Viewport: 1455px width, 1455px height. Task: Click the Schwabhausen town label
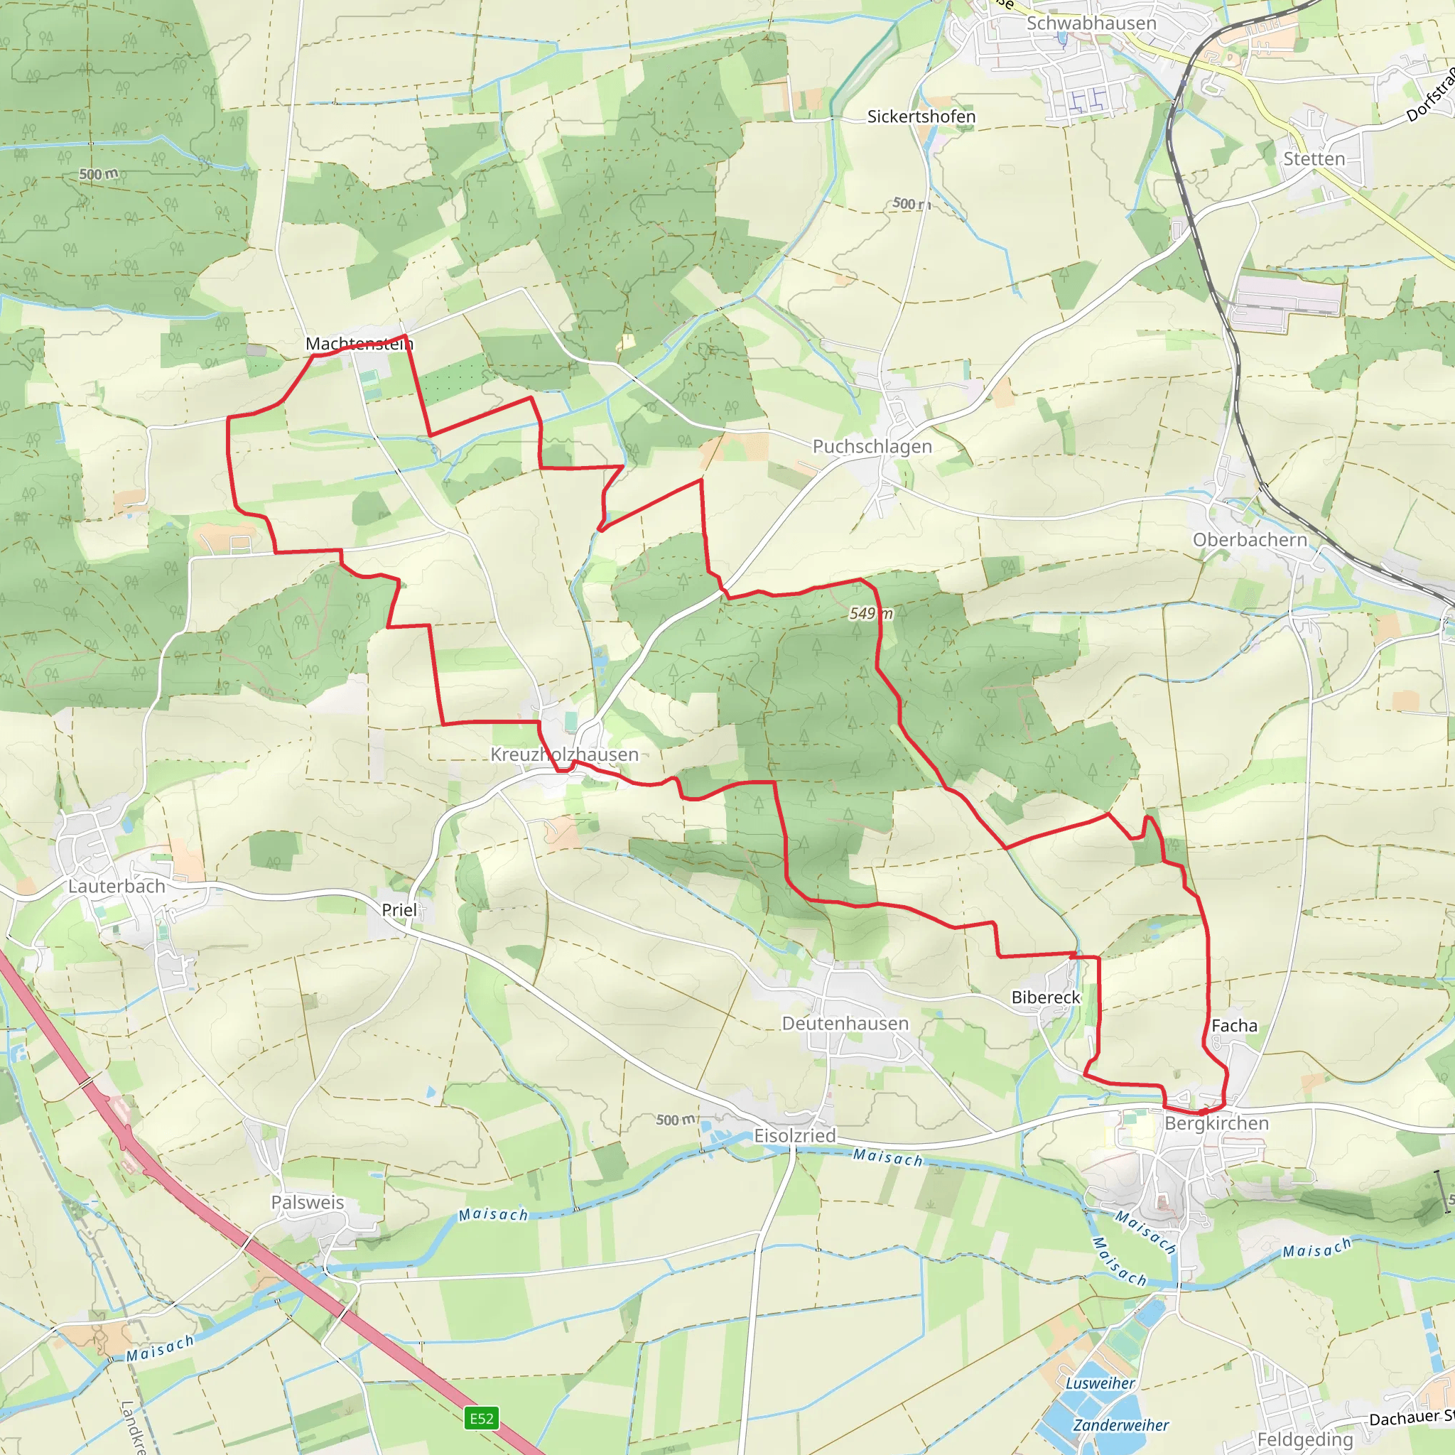1091,23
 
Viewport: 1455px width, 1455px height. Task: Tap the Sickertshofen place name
921,117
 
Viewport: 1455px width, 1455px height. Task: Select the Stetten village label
1314,159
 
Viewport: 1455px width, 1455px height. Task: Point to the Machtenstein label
359,344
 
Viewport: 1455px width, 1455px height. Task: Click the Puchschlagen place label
872,447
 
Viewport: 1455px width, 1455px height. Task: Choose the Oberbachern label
1250,540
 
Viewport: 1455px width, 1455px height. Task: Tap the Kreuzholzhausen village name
564,754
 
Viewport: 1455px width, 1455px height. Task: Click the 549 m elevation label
870,614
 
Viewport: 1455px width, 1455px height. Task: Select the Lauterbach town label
117,887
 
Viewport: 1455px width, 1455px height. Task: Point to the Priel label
399,910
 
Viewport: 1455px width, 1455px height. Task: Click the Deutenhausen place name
845,1024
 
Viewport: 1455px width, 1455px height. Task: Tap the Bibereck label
1045,997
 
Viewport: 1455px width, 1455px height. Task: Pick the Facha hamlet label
1234,1026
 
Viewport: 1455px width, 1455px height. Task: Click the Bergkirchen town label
1216,1124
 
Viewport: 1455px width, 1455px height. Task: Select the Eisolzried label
794,1136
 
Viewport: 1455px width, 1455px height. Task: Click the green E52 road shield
482,1419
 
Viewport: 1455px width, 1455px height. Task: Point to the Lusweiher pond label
1100,1383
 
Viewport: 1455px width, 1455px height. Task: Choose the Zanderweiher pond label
1120,1426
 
